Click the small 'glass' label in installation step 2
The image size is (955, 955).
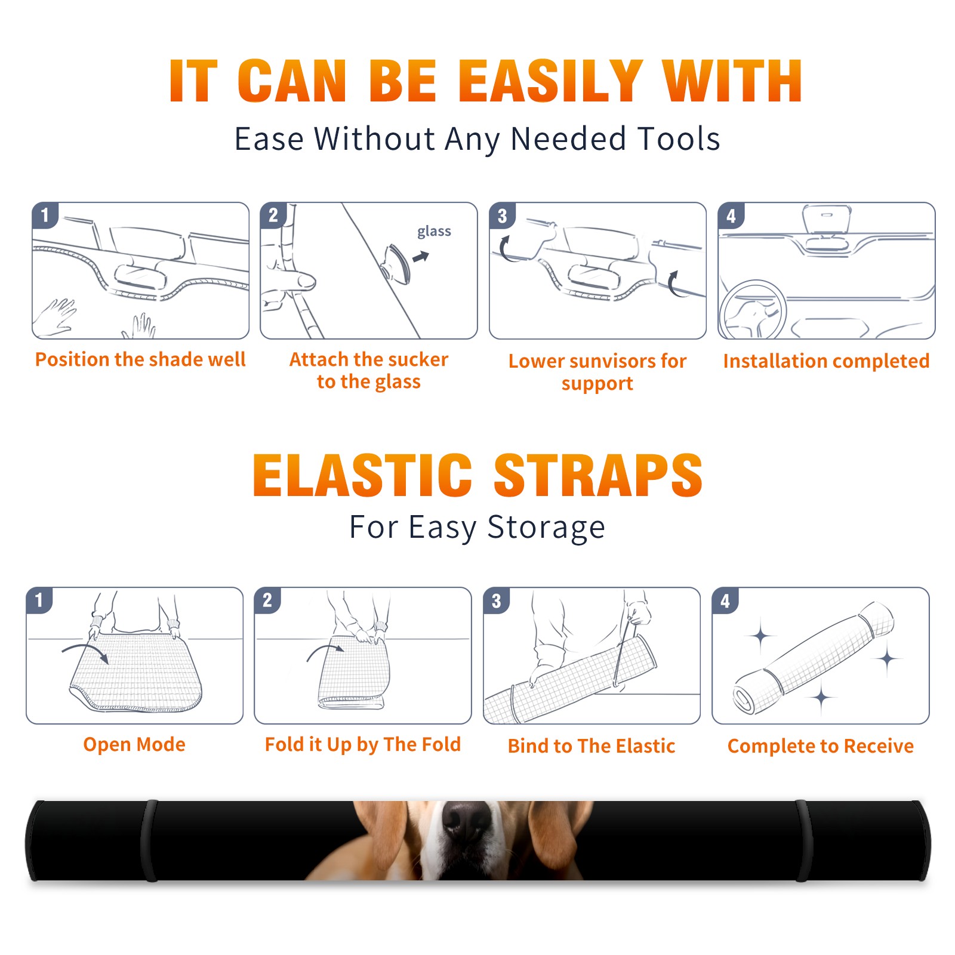tap(434, 232)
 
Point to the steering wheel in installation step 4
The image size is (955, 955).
tap(753, 309)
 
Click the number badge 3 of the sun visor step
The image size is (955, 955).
tap(502, 215)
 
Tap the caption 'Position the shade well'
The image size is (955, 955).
tap(140, 359)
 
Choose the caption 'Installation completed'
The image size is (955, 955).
tap(826, 361)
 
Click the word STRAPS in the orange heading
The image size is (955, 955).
tap(598, 475)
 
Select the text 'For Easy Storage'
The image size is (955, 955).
tap(478, 527)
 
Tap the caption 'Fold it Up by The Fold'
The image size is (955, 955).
tap(363, 744)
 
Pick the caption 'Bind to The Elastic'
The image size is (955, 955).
tap(592, 746)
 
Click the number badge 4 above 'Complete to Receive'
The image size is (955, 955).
tap(725, 600)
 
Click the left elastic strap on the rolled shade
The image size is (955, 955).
tap(150, 840)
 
